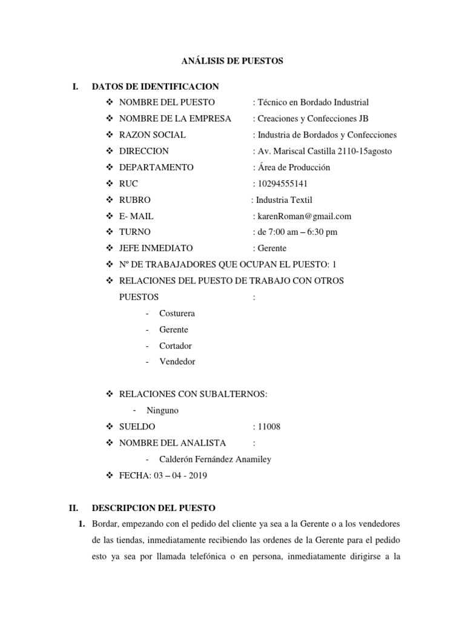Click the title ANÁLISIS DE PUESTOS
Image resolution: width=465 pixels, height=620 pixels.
(232, 61)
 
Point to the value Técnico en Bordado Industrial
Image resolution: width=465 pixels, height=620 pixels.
(312, 102)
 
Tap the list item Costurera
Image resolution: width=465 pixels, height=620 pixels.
(177, 314)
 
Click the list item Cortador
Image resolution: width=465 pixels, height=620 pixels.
(175, 346)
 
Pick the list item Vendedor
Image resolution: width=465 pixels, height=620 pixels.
(177, 361)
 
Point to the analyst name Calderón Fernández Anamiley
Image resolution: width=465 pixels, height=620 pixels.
(215, 459)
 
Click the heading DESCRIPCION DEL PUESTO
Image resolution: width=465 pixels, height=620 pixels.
(153, 507)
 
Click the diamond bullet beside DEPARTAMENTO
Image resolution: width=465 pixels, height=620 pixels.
(110, 167)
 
